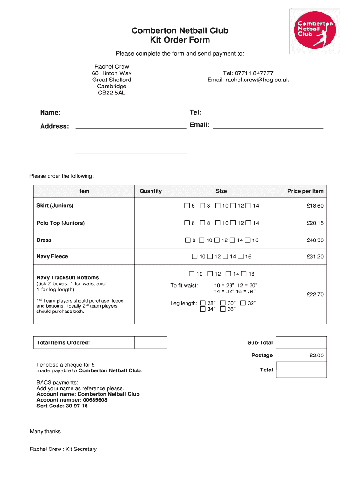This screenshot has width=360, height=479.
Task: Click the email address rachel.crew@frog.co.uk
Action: coord(248,80)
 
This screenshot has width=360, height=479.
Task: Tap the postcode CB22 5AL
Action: coord(111,93)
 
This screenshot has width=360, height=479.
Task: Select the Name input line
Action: coord(130,112)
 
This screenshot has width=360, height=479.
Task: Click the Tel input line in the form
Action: coord(268,112)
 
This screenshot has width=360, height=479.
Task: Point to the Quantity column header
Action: coord(151,191)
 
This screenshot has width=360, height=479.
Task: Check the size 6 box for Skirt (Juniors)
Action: coord(187,206)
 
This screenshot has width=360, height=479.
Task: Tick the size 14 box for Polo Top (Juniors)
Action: coord(249,223)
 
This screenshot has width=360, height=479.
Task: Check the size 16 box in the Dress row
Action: coord(249,240)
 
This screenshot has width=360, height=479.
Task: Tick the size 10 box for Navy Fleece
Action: coord(195,256)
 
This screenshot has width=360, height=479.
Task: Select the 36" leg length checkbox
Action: coord(223,309)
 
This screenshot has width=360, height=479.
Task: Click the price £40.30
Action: coord(315,240)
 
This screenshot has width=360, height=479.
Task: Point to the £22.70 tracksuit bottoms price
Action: coord(315,294)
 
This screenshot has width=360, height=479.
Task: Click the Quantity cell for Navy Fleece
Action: coord(151,256)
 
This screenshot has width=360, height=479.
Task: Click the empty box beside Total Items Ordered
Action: coord(151,342)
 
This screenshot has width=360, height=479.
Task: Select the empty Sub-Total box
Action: coord(301,342)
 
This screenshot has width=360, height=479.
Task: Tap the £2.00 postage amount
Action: coord(316,356)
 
